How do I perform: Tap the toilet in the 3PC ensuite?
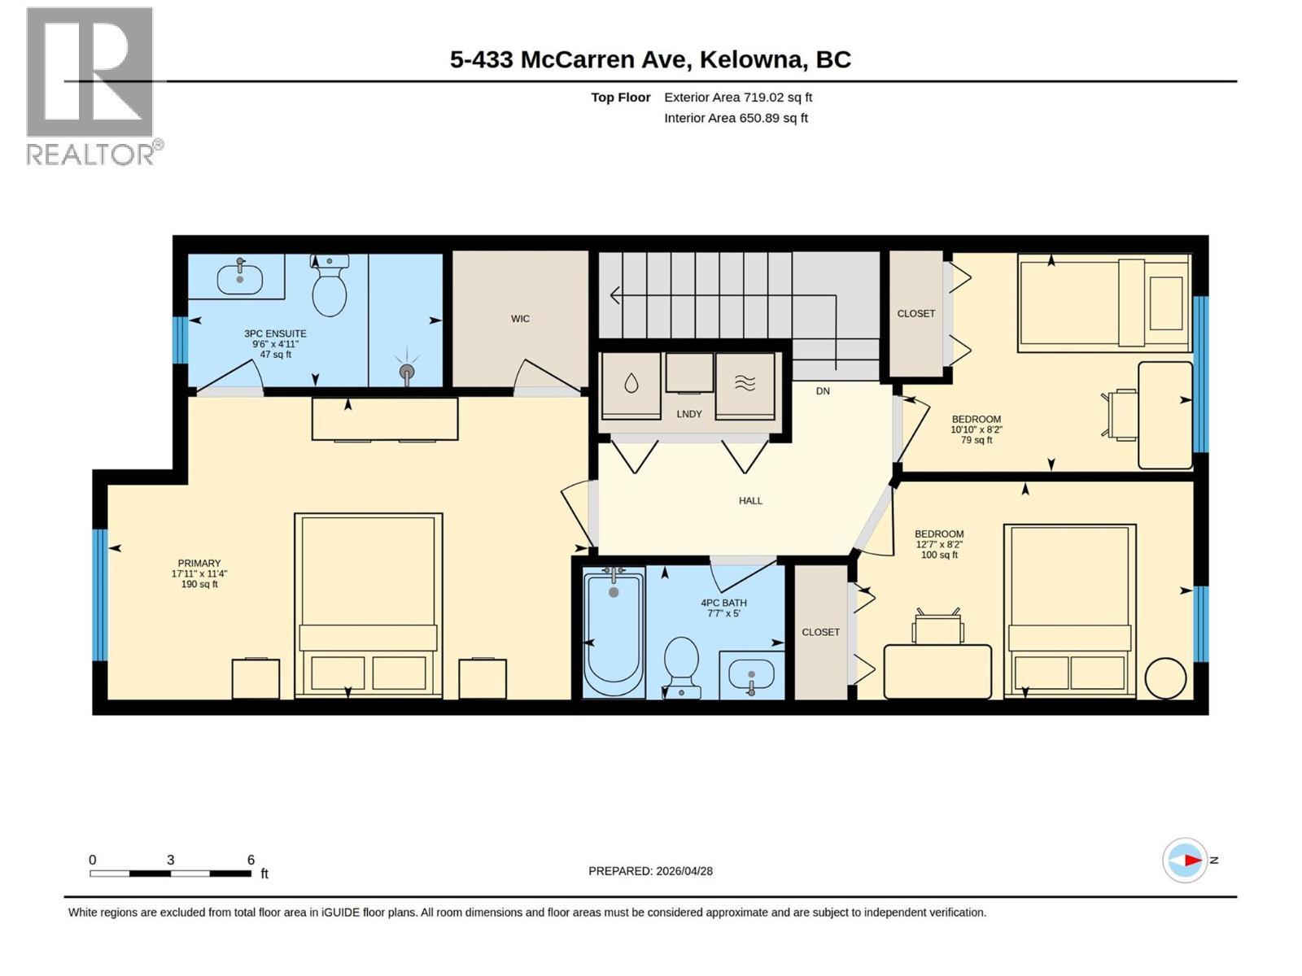pos(330,285)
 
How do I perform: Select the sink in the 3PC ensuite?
pos(239,278)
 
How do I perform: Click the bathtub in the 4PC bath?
pos(614,632)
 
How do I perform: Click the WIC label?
pos(520,319)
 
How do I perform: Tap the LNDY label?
pos(689,414)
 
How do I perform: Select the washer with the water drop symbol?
pos(631,386)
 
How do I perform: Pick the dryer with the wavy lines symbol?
pos(745,386)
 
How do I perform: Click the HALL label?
pos(750,501)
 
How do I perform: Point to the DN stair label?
pos(823,391)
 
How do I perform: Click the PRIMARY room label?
pos(199,563)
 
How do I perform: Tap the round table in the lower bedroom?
pos(1165,679)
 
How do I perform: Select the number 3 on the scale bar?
pos(170,860)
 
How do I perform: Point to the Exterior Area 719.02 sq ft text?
pos(738,97)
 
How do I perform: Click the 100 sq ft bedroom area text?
pos(939,555)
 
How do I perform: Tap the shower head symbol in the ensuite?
pos(407,371)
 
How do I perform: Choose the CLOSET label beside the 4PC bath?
pos(820,632)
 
